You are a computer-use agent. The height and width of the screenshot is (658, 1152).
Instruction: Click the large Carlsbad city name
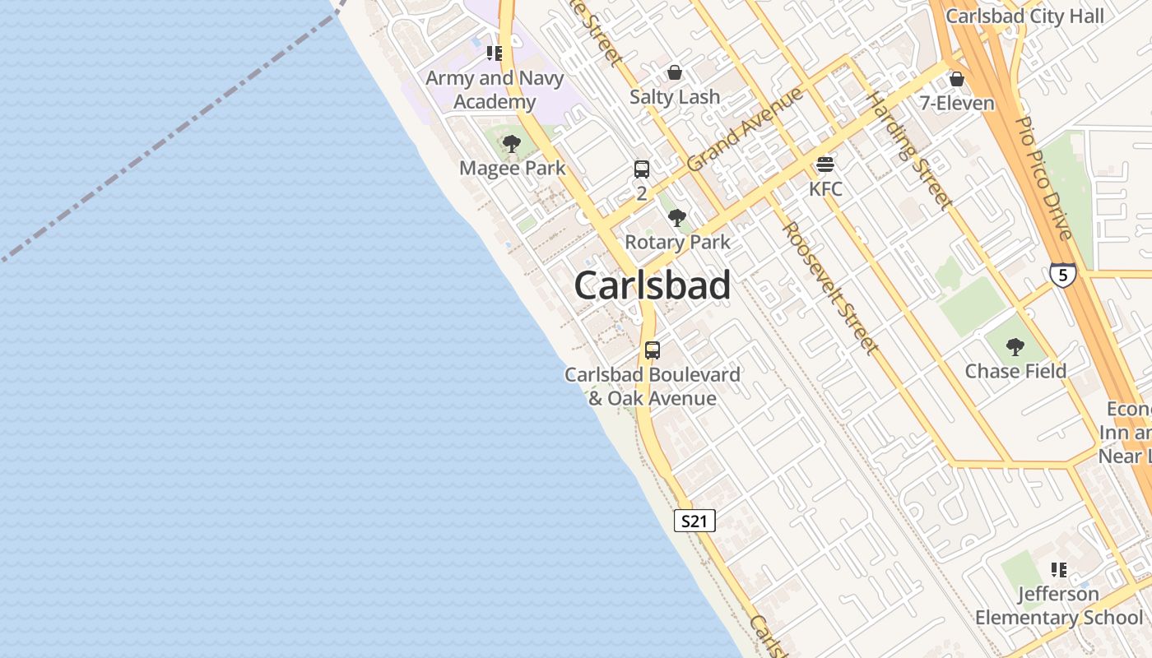pyautogui.click(x=652, y=285)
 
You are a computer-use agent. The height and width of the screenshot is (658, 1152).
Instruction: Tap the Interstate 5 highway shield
pyautogui.click(x=1062, y=274)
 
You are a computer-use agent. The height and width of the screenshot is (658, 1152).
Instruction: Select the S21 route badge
pyautogui.click(x=694, y=521)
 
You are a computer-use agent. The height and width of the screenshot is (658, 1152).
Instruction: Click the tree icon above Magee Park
pyautogui.click(x=512, y=145)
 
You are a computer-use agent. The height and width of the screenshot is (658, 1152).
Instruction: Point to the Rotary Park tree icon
pyautogui.click(x=677, y=218)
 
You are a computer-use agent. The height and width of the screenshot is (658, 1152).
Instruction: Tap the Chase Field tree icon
pyautogui.click(x=1015, y=347)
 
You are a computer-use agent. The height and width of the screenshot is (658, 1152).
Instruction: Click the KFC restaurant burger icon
pyautogui.click(x=825, y=164)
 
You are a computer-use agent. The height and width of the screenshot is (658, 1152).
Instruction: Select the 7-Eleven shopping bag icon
pyautogui.click(x=956, y=79)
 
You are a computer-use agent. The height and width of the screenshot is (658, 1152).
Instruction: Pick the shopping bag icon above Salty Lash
pyautogui.click(x=675, y=72)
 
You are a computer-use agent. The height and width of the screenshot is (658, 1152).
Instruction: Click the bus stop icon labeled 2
pyautogui.click(x=642, y=169)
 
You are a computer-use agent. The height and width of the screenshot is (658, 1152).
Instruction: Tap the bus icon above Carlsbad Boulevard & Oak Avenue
pyautogui.click(x=653, y=350)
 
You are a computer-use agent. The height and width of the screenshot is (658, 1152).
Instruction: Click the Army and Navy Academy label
pyautogui.click(x=495, y=90)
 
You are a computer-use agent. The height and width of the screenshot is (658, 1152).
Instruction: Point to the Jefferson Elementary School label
pyautogui.click(x=1058, y=605)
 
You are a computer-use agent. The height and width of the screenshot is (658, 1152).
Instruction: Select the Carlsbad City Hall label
pyautogui.click(x=1024, y=16)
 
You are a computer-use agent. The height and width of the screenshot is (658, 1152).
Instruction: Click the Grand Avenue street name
pyautogui.click(x=745, y=130)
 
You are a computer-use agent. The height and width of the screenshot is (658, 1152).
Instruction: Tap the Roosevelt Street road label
pyautogui.click(x=829, y=288)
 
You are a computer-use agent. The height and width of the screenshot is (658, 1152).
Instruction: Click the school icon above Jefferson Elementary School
pyautogui.click(x=1058, y=569)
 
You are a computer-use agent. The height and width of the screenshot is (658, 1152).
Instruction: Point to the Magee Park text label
pyautogui.click(x=512, y=169)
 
